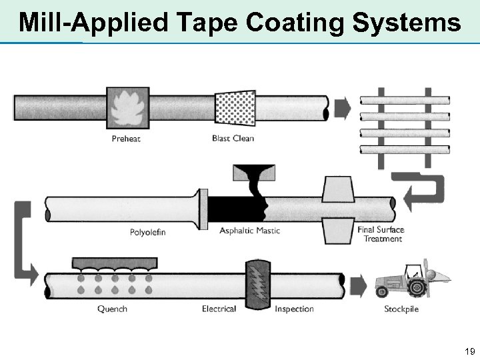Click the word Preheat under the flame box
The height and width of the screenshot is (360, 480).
[x=126, y=139]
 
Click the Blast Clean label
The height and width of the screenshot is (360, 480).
[x=233, y=139]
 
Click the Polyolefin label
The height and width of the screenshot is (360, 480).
[x=147, y=232]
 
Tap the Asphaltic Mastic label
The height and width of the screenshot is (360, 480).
[x=250, y=231]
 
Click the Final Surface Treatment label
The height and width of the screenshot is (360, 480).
[x=381, y=235]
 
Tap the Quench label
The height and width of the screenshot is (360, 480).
[x=112, y=309]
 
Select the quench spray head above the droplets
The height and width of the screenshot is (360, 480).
[x=115, y=263]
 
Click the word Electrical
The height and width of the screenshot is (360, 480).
[x=219, y=309]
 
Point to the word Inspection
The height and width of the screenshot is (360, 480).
[x=294, y=309]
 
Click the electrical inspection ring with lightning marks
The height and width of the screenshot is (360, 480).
[x=258, y=285]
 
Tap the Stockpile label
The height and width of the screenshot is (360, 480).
[x=401, y=309]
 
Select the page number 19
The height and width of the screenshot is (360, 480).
[x=469, y=351]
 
